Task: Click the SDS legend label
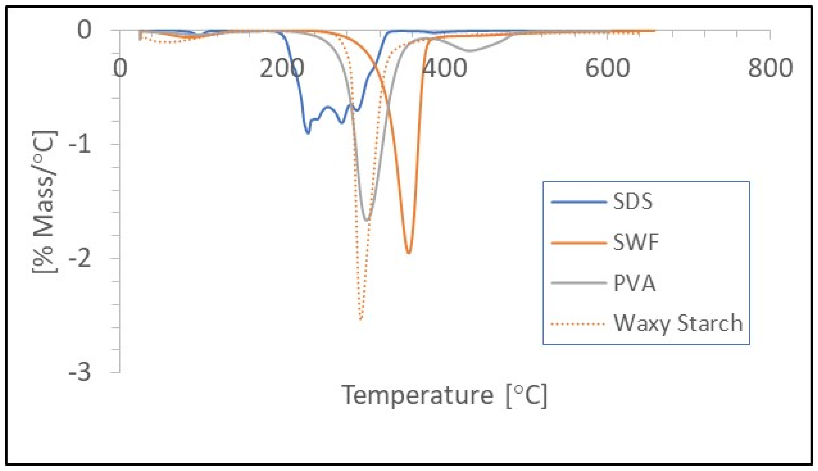point(633,201)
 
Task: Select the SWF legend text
point(636,242)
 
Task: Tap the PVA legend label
point(635,283)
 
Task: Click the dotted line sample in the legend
point(578,324)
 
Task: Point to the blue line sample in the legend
point(578,202)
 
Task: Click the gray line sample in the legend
point(578,283)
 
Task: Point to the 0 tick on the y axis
point(84,30)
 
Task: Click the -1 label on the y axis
point(79,144)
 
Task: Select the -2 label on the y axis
point(79,259)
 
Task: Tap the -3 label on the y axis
point(79,373)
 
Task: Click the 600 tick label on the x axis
point(607,68)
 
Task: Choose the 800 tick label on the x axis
point(770,68)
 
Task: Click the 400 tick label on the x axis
point(445,68)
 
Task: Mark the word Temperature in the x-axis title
point(417,395)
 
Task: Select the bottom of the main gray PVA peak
point(367,220)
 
